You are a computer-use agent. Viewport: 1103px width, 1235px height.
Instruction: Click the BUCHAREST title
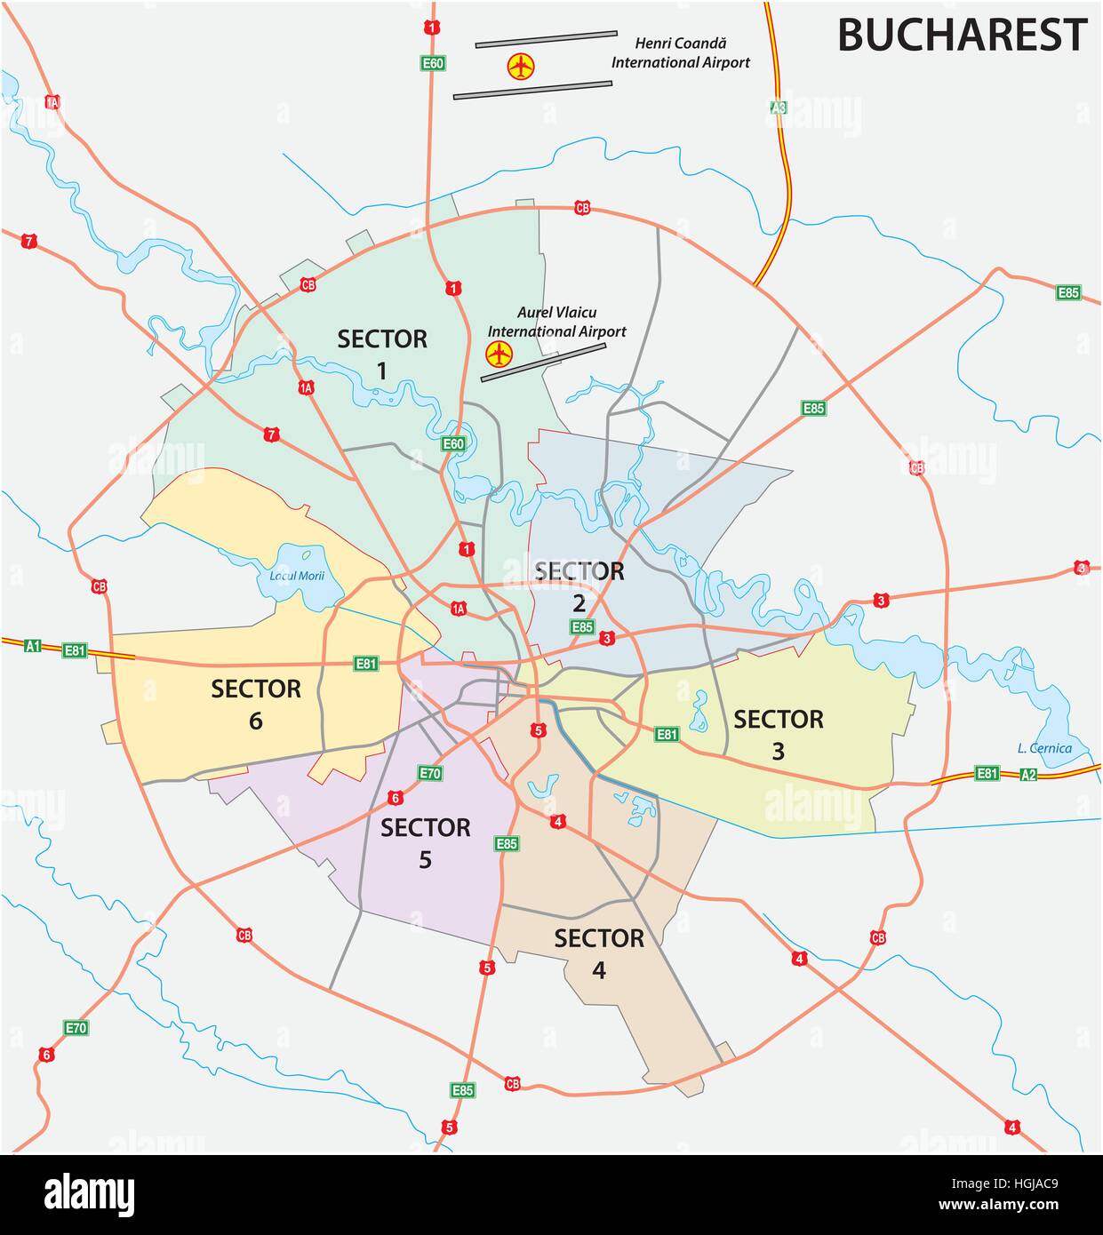coord(962,36)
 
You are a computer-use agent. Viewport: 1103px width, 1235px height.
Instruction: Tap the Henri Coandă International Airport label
coord(680,52)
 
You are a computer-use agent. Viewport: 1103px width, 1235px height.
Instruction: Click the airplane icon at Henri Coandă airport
coord(520,65)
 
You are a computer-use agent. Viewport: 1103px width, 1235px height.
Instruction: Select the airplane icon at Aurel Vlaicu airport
coord(500,354)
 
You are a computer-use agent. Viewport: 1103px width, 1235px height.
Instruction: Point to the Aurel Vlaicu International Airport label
coord(556,322)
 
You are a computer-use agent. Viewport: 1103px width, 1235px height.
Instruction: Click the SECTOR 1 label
coord(382,353)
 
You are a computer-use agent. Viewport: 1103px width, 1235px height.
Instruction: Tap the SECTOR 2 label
coord(579,586)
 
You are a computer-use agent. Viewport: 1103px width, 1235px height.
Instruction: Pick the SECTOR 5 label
coord(425,842)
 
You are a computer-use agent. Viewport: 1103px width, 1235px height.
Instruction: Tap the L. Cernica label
coord(1044,748)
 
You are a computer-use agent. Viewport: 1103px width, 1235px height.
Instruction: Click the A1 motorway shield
coord(34,646)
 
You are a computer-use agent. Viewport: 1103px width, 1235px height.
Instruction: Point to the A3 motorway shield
coord(779,107)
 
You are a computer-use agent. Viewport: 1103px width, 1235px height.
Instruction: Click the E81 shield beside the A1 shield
coord(75,650)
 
